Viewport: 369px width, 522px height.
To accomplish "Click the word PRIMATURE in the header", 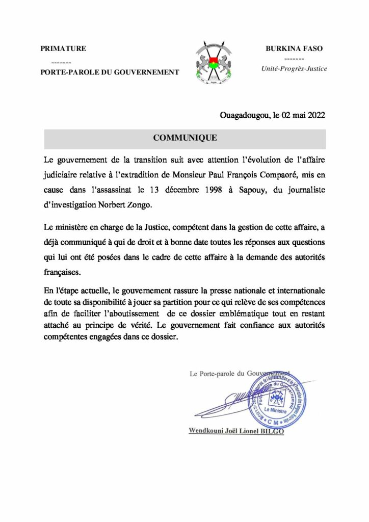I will pyautogui.click(x=63, y=49).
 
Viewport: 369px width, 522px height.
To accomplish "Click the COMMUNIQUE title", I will pyautogui.click(x=185, y=138).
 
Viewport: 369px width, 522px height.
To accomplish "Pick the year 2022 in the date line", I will pyautogui.click(x=315, y=116).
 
